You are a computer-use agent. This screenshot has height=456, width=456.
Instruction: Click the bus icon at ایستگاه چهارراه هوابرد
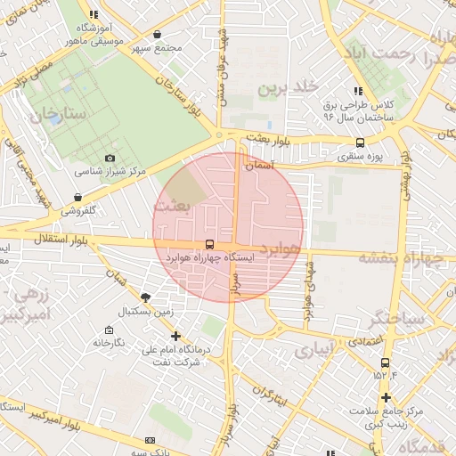tap(209, 243)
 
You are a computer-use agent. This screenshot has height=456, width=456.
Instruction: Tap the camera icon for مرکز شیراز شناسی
tap(110, 158)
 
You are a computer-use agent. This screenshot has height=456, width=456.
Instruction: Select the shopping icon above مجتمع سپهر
tap(157, 34)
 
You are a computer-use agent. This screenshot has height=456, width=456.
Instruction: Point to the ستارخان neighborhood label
tap(55, 114)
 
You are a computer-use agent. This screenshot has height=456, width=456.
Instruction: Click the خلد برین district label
tap(289, 88)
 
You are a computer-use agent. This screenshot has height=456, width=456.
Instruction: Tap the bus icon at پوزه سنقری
tap(360, 142)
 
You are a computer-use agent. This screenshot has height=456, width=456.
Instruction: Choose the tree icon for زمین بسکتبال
tap(146, 297)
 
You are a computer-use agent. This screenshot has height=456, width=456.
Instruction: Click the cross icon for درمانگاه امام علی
tap(176, 337)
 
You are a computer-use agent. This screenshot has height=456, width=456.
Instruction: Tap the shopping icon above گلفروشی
tap(78, 198)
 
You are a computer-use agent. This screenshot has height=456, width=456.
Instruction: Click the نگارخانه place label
tap(113, 342)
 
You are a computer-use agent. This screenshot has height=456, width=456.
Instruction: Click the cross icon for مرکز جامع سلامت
tap(385, 397)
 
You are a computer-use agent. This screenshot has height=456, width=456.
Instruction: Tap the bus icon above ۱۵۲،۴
tap(385, 362)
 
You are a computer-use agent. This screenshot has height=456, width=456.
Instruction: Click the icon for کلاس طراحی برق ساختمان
tap(357, 91)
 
